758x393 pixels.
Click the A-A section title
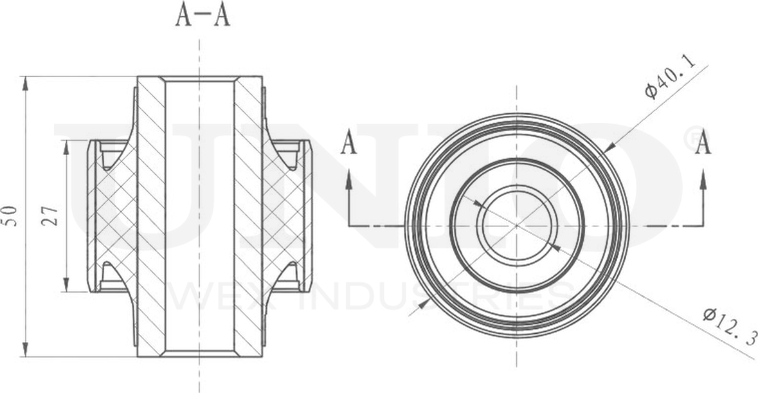coord(203,16)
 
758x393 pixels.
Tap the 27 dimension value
coord(53,215)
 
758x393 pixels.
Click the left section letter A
coord(348,143)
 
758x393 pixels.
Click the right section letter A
coord(703,143)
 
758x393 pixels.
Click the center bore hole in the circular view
coord(517,225)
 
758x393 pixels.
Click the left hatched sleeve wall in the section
coord(150,216)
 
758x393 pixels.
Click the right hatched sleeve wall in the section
coord(248,216)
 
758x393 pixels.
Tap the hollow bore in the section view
coord(199,216)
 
